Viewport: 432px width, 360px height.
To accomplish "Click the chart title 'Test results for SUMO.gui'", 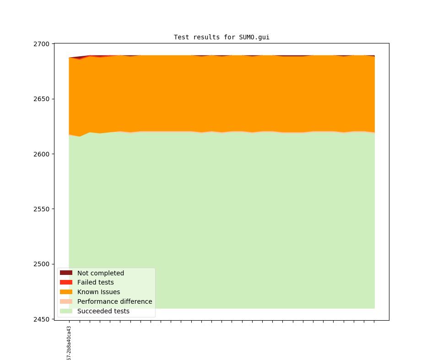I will click(221, 37).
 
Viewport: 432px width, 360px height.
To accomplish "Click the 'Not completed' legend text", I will click(100, 273).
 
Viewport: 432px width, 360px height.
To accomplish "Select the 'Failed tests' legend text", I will click(95, 283).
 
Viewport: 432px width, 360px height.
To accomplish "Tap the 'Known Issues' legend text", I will click(98, 292).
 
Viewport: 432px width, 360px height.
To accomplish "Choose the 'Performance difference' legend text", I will click(114, 301).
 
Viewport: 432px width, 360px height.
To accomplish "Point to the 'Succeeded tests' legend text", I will click(103, 311).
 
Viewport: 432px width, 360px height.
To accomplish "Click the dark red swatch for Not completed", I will click(66, 273).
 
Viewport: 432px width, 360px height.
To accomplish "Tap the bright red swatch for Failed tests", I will click(66, 282).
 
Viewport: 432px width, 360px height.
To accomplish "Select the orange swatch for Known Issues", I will click(66, 292).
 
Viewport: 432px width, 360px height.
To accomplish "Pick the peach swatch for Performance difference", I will click(66, 301).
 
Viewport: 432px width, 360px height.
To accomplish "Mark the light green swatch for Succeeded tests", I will click(66, 311).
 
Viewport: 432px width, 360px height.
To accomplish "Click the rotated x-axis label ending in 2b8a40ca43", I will click(69, 343).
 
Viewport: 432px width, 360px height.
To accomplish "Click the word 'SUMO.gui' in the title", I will click(254, 37).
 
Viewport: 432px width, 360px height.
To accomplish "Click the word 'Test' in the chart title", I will click(181, 37).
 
